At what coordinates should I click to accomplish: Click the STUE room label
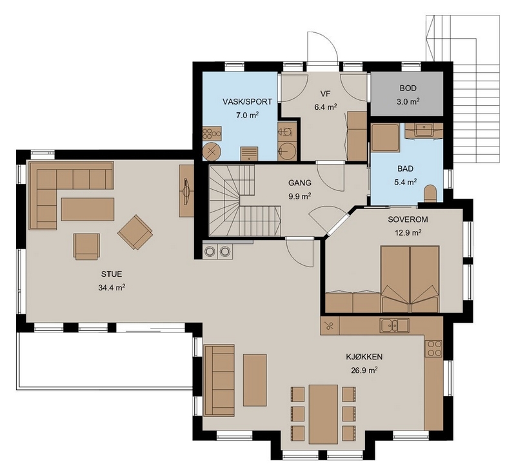(x=112, y=274)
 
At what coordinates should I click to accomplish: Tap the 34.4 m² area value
(x=112, y=287)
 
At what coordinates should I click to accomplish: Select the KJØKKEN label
(x=364, y=356)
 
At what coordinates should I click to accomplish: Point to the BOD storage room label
(x=408, y=88)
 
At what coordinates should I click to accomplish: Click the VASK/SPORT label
(x=247, y=102)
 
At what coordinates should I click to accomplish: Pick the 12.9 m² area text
(x=408, y=233)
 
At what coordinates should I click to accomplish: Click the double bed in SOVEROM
(x=410, y=279)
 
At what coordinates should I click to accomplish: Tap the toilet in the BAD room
(x=430, y=194)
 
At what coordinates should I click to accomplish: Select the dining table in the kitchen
(x=324, y=414)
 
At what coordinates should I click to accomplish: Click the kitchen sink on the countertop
(x=395, y=325)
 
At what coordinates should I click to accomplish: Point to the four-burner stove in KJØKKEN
(x=433, y=349)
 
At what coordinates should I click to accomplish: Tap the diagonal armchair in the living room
(x=135, y=232)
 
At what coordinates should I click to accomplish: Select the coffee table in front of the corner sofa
(x=88, y=209)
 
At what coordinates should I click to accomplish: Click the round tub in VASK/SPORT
(x=212, y=152)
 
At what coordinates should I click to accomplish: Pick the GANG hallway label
(x=300, y=183)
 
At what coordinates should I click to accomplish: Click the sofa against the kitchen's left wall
(x=219, y=380)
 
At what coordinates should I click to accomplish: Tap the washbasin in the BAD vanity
(x=424, y=129)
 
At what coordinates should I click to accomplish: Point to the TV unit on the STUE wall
(x=186, y=191)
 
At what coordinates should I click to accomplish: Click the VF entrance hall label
(x=325, y=94)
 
